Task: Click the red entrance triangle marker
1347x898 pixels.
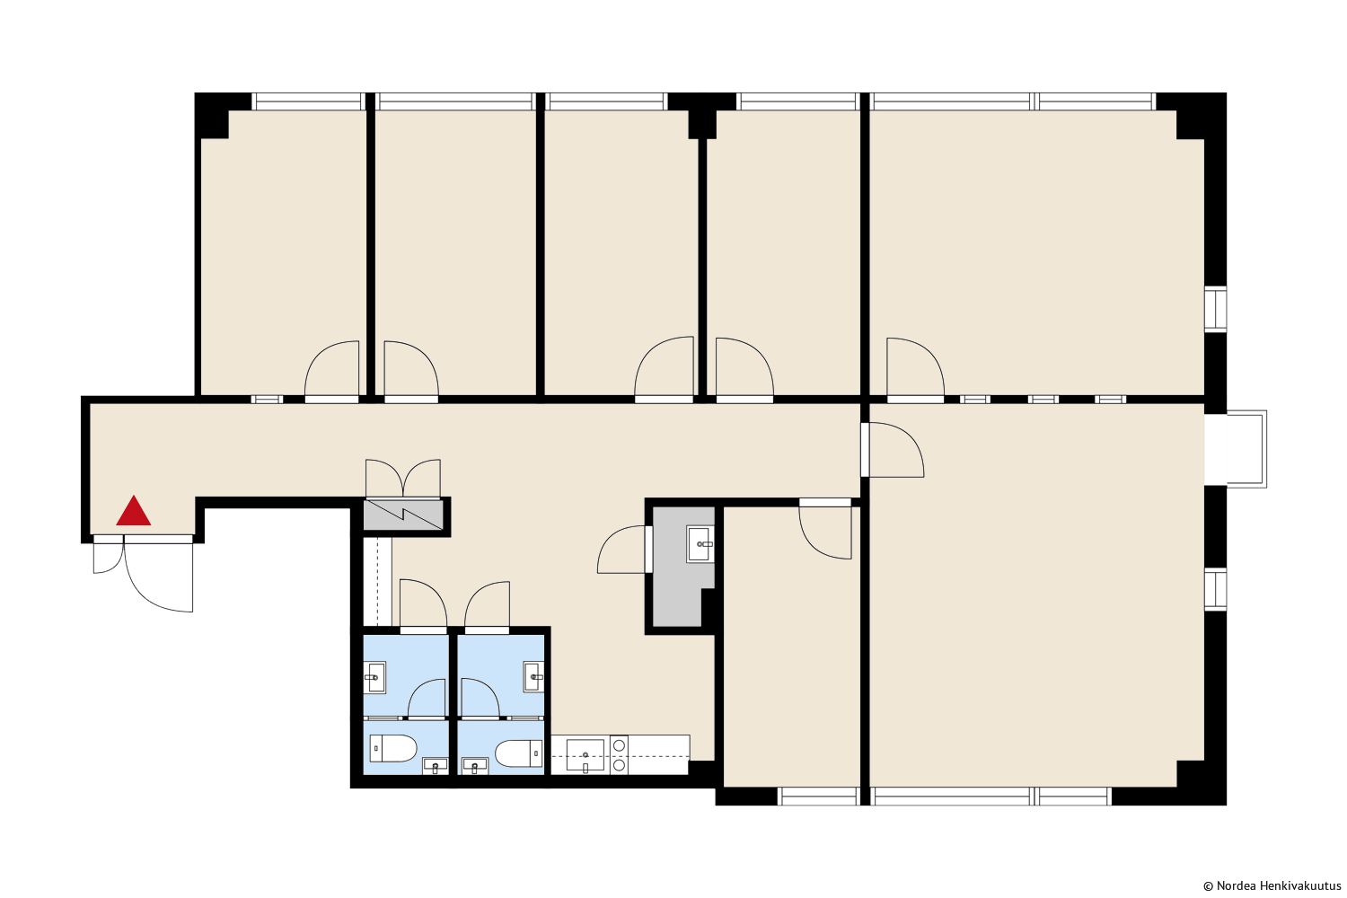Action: click(x=134, y=511)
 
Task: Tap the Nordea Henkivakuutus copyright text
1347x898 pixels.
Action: click(x=1272, y=885)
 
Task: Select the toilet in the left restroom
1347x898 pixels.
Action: click(x=393, y=748)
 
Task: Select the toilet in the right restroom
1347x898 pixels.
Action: click(x=519, y=753)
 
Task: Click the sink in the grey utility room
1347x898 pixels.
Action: click(x=700, y=543)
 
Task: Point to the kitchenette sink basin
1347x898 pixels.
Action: click(x=585, y=755)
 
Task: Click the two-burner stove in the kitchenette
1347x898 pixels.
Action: click(x=619, y=754)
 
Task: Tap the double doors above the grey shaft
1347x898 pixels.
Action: click(x=403, y=479)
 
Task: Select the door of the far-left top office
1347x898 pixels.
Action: click(x=332, y=371)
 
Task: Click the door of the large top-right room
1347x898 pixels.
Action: click(x=915, y=369)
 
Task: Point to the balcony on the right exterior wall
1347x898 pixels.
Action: click(x=1236, y=449)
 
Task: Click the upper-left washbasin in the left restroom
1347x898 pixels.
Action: click(x=375, y=678)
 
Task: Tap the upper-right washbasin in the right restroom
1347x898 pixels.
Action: click(x=533, y=677)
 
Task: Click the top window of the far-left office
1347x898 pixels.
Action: click(x=309, y=101)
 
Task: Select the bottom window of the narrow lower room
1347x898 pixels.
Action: click(x=818, y=796)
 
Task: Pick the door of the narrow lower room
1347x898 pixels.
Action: click(x=825, y=529)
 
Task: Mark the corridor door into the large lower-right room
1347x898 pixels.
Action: click(x=893, y=450)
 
